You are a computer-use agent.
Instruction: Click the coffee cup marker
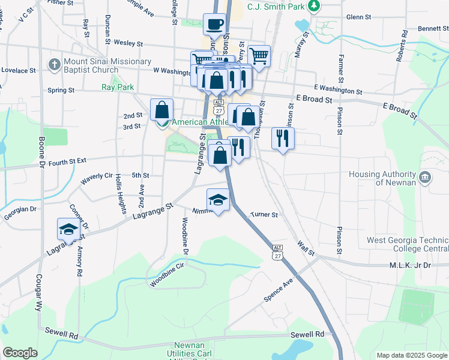(x=214, y=25)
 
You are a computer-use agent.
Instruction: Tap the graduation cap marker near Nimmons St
(x=218, y=200)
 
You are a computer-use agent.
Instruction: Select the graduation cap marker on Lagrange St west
(x=68, y=229)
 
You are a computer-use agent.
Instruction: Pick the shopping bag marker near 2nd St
(x=161, y=110)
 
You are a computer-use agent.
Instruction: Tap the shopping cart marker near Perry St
(x=259, y=56)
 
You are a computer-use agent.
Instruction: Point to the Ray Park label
(x=118, y=87)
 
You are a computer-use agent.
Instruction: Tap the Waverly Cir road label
(x=97, y=177)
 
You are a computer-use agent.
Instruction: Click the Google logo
(x=20, y=353)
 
